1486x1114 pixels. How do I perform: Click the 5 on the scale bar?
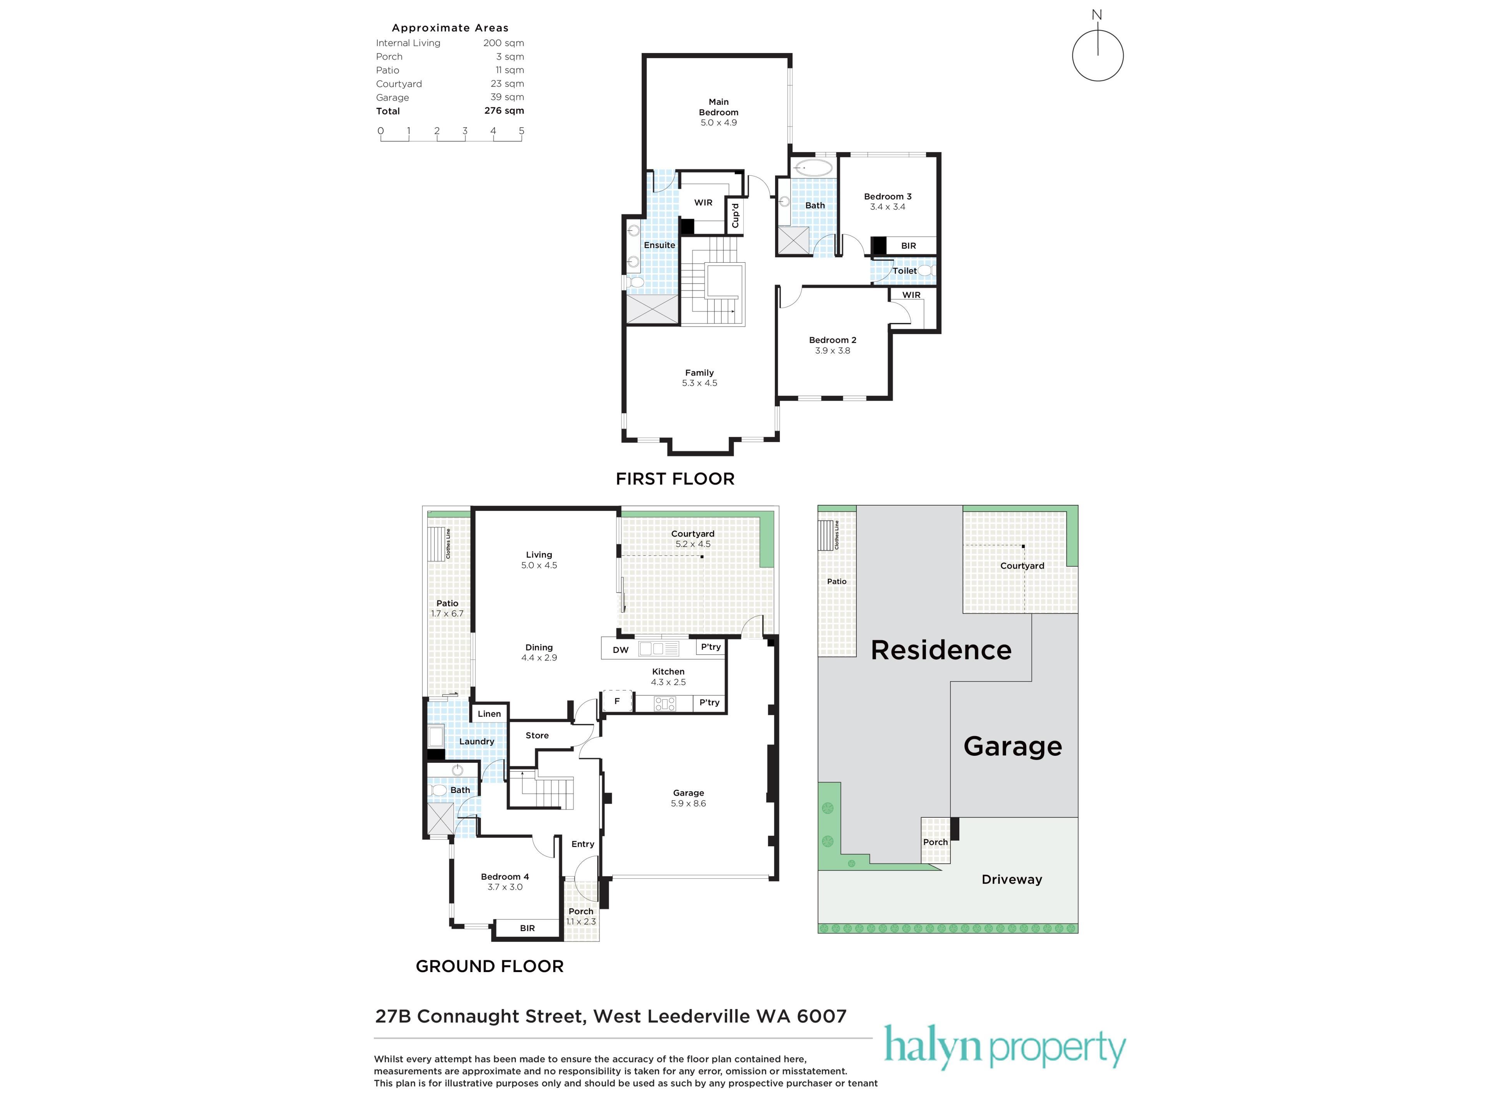click(521, 130)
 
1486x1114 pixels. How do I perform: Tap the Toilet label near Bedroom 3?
click(904, 271)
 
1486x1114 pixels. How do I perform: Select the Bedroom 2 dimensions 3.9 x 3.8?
click(832, 350)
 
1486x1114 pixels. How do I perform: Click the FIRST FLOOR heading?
click(675, 479)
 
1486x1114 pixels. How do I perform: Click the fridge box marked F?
click(617, 701)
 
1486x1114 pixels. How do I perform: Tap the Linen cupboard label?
click(489, 714)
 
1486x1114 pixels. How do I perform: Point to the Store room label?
click(537, 735)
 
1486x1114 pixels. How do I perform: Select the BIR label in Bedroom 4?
click(527, 928)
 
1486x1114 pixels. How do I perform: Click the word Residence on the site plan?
click(940, 650)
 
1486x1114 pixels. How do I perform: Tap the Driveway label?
click(1012, 880)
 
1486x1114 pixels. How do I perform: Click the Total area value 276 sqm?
click(504, 111)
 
